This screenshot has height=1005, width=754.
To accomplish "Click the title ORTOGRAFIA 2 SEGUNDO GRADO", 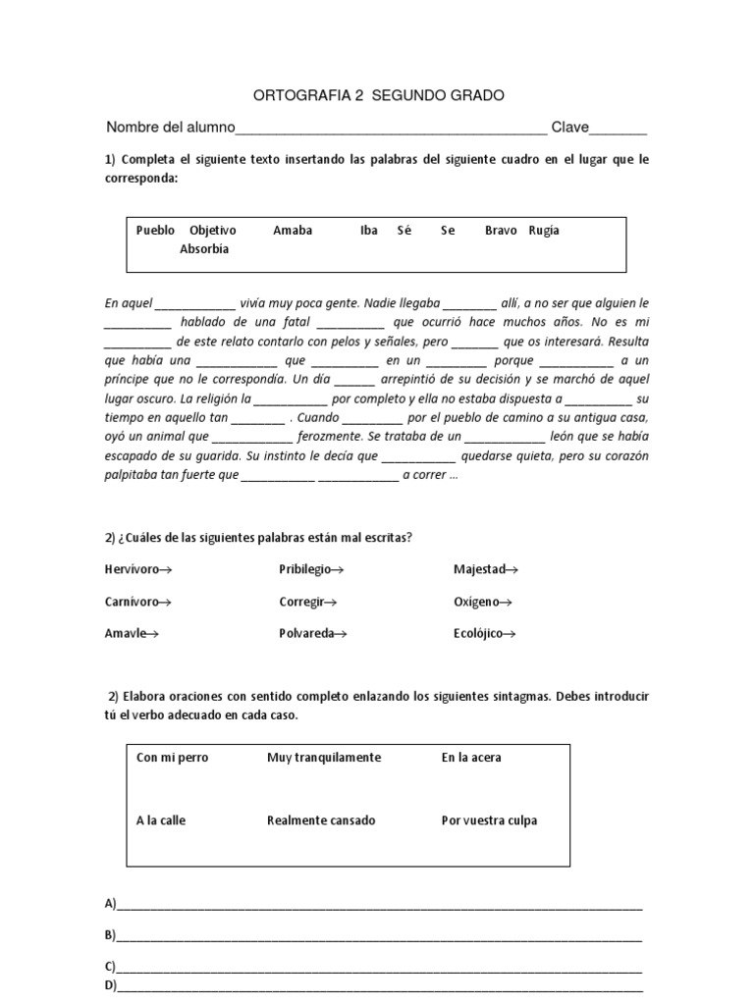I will click(x=378, y=95).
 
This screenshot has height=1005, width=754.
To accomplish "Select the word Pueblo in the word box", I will click(x=155, y=231).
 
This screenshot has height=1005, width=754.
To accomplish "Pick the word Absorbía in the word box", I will click(x=204, y=249).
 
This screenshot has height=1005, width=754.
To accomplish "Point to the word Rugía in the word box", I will click(x=544, y=231).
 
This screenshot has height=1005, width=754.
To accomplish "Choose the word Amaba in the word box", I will click(x=293, y=231).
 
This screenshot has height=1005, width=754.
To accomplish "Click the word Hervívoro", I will click(x=134, y=569).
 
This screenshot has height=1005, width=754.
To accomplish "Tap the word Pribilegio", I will click(x=306, y=569).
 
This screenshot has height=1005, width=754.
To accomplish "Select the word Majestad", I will click(x=480, y=569).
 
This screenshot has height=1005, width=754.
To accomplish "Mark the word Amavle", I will click(x=126, y=633).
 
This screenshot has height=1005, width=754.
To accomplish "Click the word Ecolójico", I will click(x=479, y=633).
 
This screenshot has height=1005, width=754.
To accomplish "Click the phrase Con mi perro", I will click(x=173, y=758).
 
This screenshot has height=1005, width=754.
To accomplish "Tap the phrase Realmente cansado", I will click(x=321, y=820).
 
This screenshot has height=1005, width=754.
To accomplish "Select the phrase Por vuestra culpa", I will click(x=489, y=820).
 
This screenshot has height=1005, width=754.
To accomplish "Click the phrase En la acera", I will click(x=471, y=758).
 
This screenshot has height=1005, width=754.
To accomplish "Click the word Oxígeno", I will click(x=478, y=602).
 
